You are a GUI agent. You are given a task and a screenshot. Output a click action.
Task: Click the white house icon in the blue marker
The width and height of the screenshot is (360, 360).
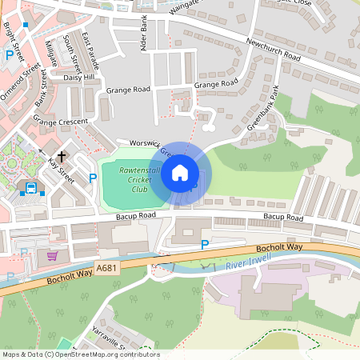180,173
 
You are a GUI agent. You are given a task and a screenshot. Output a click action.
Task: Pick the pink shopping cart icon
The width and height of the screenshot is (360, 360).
53,256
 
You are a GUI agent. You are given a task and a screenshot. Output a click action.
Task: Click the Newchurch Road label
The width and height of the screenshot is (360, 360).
273,51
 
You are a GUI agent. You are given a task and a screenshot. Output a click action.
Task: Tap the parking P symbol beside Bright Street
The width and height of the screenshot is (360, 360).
10,55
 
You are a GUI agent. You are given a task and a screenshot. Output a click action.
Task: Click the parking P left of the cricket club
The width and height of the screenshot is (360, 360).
92,178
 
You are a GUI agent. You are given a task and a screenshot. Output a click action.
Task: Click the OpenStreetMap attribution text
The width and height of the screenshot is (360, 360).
80,354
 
